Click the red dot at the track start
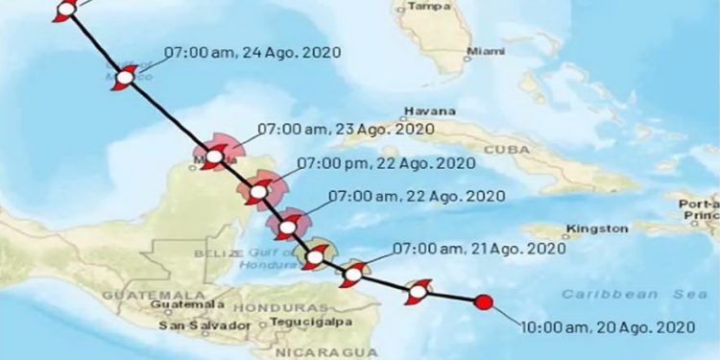click(484, 302)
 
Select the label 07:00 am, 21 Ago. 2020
click(478, 249)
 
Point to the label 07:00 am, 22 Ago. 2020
click(418, 196)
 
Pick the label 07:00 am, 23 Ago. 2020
click(346, 128)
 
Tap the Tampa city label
click(429, 6)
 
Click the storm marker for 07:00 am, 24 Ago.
click(125, 78)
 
